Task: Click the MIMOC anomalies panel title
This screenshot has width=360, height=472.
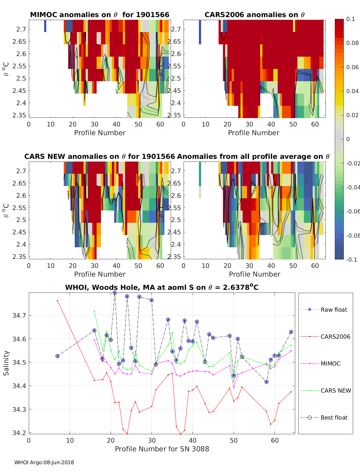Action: tap(100, 15)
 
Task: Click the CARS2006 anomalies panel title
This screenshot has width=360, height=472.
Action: tap(254, 15)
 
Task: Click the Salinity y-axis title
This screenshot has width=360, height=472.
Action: tap(6, 363)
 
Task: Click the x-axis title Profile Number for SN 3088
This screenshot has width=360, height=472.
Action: tap(162, 449)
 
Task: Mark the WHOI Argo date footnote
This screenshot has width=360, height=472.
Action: tap(44, 462)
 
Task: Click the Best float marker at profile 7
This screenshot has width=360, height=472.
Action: tap(57, 356)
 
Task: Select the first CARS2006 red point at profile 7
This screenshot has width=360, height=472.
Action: tap(57, 301)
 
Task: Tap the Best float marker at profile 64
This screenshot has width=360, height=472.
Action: tap(291, 332)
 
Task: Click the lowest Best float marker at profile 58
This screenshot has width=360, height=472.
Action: tap(266, 382)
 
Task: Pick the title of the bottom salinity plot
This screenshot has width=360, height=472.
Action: tap(162, 288)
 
